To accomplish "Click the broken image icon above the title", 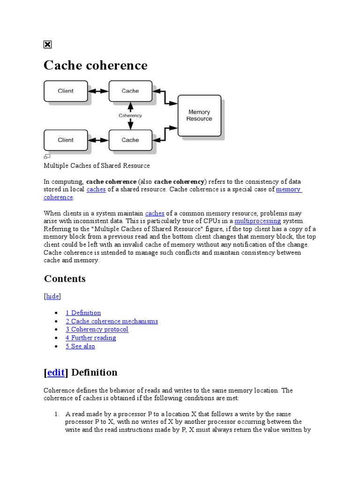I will tap(47, 45).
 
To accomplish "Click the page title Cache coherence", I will tap(95, 65).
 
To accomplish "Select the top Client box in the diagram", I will tap(66, 91).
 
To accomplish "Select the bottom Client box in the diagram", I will tap(66, 140).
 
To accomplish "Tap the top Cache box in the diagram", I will tap(130, 91).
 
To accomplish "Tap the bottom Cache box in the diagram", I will tap(130, 140).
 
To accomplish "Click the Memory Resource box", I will tap(199, 115).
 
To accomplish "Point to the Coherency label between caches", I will tap(130, 115).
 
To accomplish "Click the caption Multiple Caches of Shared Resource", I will tap(97, 165).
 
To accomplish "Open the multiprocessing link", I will tap(257, 221).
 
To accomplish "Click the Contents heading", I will tap(65, 279).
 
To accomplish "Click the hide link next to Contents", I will tap(52, 296).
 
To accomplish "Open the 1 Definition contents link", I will tap(83, 313).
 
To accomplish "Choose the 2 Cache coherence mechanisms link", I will tap(112, 321).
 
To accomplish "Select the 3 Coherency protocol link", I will tap(97, 329).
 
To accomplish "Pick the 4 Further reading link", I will tap(90, 337).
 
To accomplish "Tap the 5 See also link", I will tap(80, 346).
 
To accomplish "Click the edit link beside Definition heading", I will tap(56, 373).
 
